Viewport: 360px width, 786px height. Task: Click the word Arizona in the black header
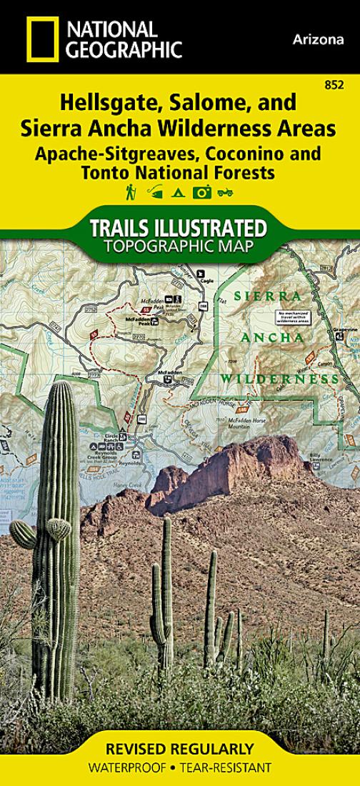click(x=318, y=40)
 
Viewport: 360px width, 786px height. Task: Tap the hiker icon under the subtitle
click(x=131, y=191)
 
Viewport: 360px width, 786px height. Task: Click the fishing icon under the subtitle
click(x=155, y=191)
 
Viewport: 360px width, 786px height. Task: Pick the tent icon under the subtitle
click(x=179, y=191)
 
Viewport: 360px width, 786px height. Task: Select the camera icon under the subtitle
click(x=202, y=191)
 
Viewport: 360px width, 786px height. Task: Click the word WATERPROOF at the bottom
click(x=126, y=768)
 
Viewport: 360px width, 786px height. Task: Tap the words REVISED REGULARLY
click(x=179, y=750)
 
